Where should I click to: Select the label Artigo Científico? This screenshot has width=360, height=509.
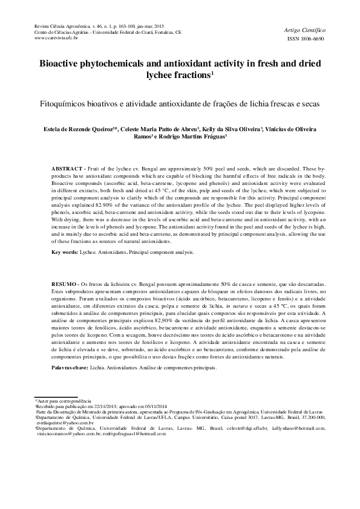click(304, 28)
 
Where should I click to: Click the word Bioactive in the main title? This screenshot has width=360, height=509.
click(66, 63)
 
